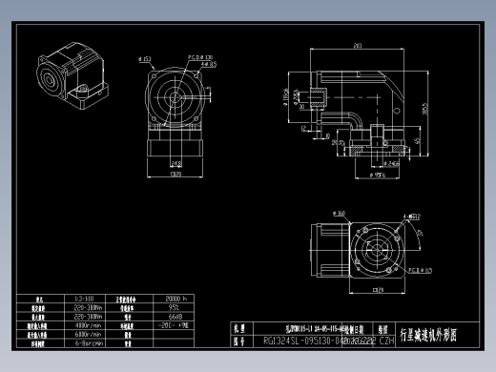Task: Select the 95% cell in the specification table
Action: coord(175,308)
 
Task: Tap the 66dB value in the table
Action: coord(175,317)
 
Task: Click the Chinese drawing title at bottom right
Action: coord(428,335)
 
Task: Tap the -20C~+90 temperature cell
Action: coord(175,325)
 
